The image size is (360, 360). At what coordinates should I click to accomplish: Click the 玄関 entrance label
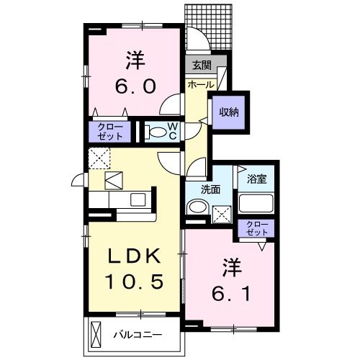click(x=200, y=66)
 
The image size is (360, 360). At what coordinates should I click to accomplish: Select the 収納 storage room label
click(x=229, y=112)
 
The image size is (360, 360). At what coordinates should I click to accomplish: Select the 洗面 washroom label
click(x=211, y=190)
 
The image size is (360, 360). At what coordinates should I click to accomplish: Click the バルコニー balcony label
click(x=136, y=335)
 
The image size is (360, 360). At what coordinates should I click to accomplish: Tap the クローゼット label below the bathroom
click(x=256, y=228)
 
